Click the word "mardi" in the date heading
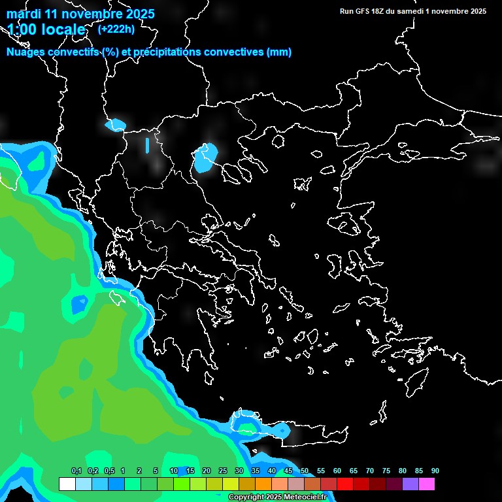[x=24, y=14]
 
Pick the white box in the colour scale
[x=67, y=484]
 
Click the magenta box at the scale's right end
[x=427, y=484]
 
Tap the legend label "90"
[x=435, y=471]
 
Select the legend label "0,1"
[x=76, y=471]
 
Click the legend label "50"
[x=304, y=471]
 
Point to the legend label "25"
[x=222, y=471]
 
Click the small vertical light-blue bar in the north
[x=147, y=144]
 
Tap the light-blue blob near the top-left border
[x=116, y=124]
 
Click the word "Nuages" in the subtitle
[x=25, y=52]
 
